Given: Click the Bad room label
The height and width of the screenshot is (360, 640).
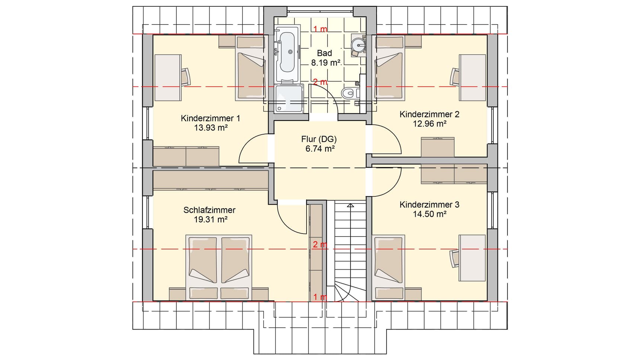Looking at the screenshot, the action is point(324,53).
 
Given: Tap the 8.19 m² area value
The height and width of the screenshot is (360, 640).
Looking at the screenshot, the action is point(326,63).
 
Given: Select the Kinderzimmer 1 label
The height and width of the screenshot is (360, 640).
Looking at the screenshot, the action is point(210,118).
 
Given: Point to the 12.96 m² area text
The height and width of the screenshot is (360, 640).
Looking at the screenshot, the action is point(429,124).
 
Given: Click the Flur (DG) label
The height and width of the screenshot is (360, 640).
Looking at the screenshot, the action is point(319,139).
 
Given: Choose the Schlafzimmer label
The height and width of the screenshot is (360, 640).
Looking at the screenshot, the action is point(209,210).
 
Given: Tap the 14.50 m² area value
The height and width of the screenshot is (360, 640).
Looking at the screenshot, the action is point(429,214).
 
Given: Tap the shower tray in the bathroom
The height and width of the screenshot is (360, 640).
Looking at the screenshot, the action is point(290,98).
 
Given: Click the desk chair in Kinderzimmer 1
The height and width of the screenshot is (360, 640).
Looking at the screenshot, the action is point(186,77).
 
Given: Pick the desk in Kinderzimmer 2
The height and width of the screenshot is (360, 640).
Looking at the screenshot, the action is point(472,77).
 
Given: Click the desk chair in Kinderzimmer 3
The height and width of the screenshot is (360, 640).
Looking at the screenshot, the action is point(455,258).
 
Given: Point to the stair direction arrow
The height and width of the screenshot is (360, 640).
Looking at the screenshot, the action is point(350,205).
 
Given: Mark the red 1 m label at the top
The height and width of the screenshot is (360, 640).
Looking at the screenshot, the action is point(320,29).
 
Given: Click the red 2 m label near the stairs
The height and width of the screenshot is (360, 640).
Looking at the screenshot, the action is point(320,244).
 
